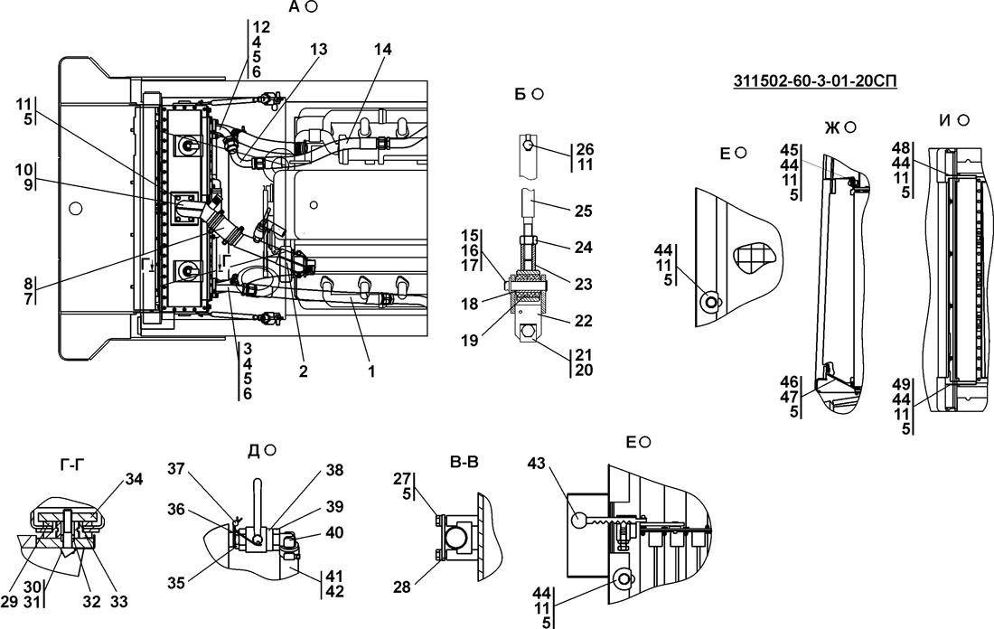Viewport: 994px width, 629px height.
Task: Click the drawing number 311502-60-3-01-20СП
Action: (815, 80)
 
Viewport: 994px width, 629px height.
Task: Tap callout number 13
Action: (319, 50)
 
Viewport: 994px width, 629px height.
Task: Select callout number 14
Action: (383, 50)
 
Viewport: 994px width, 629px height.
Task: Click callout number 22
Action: (583, 321)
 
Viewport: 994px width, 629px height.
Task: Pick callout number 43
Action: (536, 465)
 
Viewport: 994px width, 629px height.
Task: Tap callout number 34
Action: (134, 479)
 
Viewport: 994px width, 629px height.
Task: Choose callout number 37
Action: (177, 468)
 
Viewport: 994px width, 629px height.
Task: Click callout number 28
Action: (402, 587)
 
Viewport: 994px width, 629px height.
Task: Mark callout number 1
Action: (371, 371)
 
